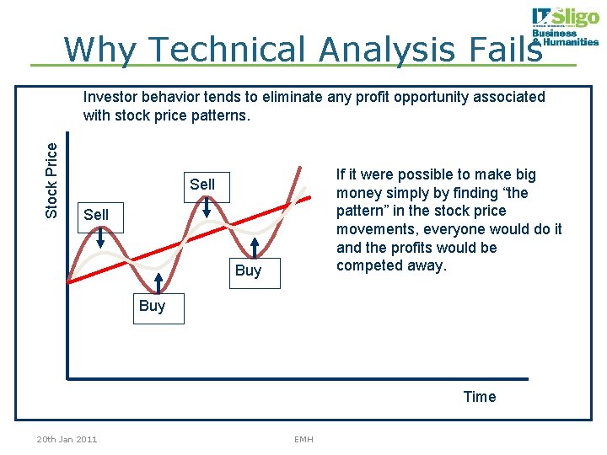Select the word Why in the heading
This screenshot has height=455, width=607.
(x=95, y=50)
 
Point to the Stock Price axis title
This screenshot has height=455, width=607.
(x=52, y=180)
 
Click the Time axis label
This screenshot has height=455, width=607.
(x=480, y=397)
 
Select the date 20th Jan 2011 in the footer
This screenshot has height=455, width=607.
(x=67, y=439)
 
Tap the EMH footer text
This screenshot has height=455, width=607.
(x=303, y=439)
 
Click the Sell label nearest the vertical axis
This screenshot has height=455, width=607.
(x=96, y=215)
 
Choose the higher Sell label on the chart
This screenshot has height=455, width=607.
(x=202, y=185)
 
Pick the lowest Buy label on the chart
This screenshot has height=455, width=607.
(x=152, y=306)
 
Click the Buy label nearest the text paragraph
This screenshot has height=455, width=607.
(x=248, y=270)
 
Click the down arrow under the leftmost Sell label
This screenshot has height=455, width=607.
(x=100, y=238)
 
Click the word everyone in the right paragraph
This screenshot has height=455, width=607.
(x=475, y=229)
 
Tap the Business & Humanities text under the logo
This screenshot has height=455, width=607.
(x=564, y=38)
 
